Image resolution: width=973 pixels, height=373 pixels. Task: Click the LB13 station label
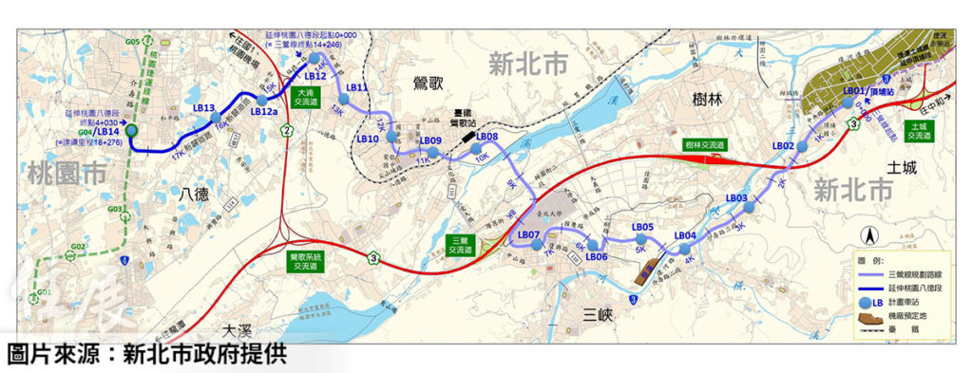[203, 108]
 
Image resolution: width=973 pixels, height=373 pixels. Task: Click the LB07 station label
[528, 234]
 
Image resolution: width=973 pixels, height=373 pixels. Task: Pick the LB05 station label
[642, 228]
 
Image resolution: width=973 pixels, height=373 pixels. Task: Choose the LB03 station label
[737, 198]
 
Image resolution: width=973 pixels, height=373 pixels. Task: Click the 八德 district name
[193, 195]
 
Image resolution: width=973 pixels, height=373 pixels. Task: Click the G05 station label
[132, 42]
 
